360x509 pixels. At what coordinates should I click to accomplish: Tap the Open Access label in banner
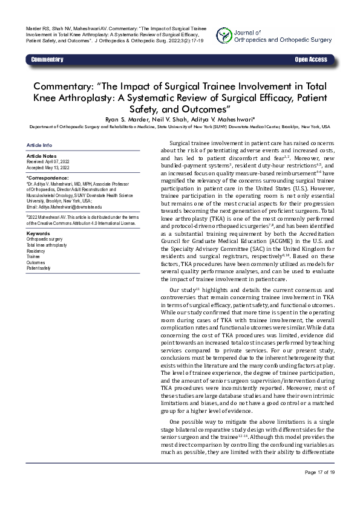click(x=310, y=59)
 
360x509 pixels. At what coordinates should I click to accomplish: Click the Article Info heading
click(x=39, y=146)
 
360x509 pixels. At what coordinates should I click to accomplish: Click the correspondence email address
click(x=67, y=207)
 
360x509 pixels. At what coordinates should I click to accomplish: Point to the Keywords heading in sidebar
click(x=38, y=233)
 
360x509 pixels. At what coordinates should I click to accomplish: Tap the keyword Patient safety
click(x=39, y=268)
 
